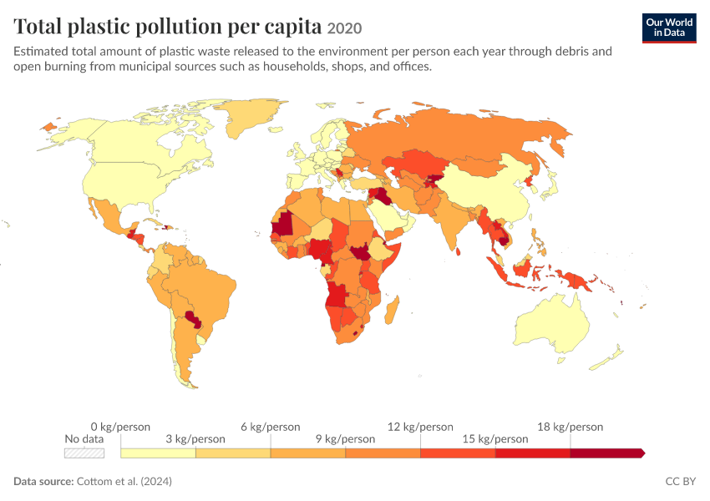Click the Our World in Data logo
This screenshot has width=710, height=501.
[x=669, y=28]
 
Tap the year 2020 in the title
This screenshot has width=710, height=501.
[x=344, y=28]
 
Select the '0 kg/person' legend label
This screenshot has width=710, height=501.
[x=120, y=427]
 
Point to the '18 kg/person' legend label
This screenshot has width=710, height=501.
[x=570, y=427]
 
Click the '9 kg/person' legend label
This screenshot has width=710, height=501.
[x=346, y=439]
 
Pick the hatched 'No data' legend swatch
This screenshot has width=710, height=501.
[x=84, y=453]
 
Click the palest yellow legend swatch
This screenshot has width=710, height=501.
[x=158, y=453]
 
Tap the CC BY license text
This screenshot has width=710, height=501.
[x=680, y=481]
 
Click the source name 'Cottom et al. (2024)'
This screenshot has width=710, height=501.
[x=124, y=481]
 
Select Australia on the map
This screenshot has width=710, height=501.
[x=553, y=325]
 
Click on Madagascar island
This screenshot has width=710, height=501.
[x=392, y=311]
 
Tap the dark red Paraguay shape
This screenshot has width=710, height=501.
[x=194, y=319]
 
